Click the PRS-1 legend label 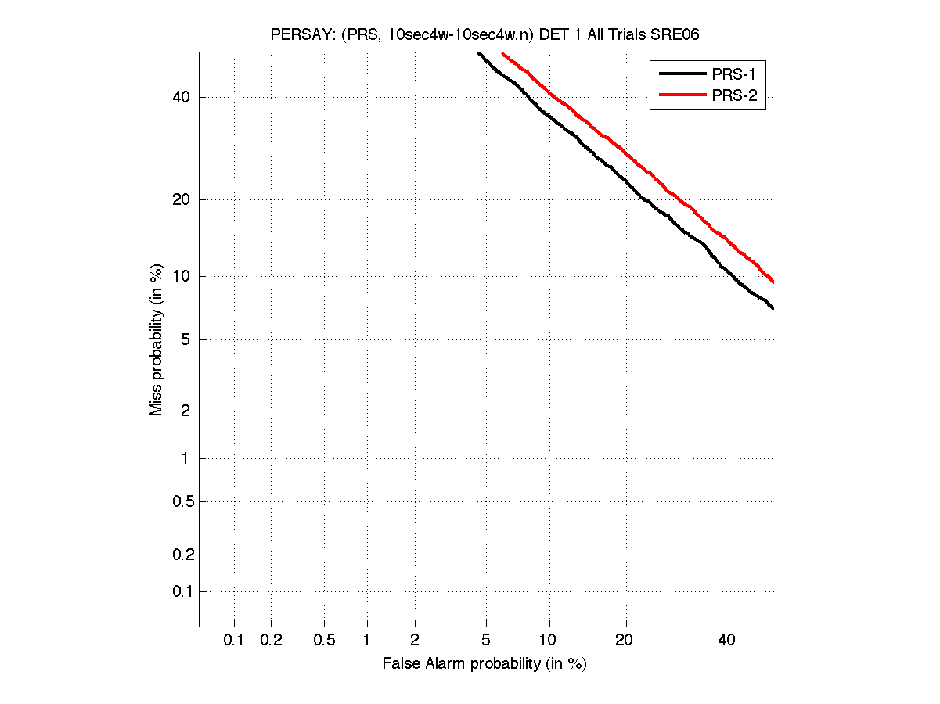pyautogui.click(x=733, y=74)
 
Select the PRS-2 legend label pyautogui.click(x=733, y=96)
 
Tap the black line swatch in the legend pyautogui.click(x=682, y=74)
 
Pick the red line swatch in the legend pyautogui.click(x=682, y=96)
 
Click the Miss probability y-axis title pyautogui.click(x=157, y=339)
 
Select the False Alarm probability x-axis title pyautogui.click(x=484, y=664)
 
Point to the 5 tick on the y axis pyautogui.click(x=186, y=339)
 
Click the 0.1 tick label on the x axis pyautogui.click(x=234, y=641)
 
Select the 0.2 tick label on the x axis pyautogui.click(x=271, y=641)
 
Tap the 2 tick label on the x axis pyautogui.click(x=415, y=641)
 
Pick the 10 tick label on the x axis pyautogui.click(x=549, y=641)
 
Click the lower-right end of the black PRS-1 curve pyautogui.click(x=773, y=308)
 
